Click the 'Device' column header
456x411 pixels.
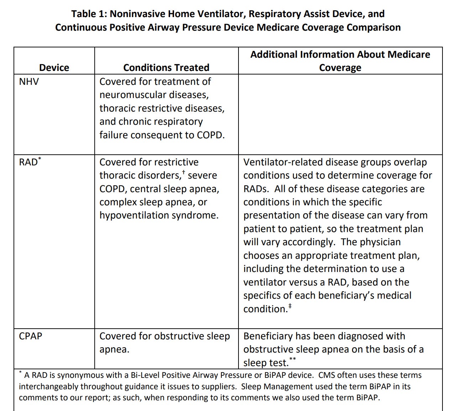54,67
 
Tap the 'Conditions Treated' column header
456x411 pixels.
166,67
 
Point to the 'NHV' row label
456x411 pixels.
29,82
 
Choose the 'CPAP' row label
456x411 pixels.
30,336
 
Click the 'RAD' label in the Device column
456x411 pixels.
28,163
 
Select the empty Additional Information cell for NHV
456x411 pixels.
340,114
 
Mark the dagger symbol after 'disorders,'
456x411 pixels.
183,173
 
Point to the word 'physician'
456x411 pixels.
380,242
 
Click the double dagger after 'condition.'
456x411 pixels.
290,306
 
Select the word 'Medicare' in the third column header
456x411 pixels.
409,55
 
